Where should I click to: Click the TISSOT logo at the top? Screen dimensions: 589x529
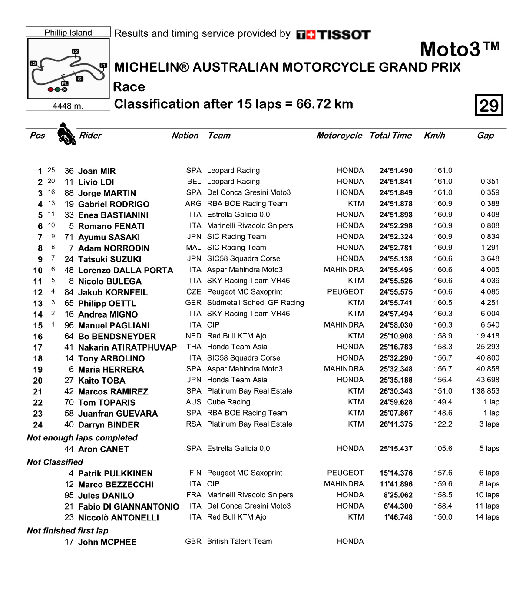tap(334, 35)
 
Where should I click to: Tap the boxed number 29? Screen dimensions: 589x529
tap(489, 105)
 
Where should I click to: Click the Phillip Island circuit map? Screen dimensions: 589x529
tap(68, 69)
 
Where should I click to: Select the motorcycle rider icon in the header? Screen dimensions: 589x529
tap(66, 134)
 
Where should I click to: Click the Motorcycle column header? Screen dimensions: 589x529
tap(339, 136)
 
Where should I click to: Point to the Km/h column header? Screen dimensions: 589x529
tap(434, 136)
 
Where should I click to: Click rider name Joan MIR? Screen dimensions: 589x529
tap(97, 171)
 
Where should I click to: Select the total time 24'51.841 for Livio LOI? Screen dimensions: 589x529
tap(396, 182)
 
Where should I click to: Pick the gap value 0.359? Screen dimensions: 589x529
tap(490, 192)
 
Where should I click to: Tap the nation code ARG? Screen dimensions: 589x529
tap(193, 204)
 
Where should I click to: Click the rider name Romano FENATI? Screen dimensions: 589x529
tap(111, 226)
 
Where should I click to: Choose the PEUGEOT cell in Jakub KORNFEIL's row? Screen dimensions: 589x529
tap(345, 292)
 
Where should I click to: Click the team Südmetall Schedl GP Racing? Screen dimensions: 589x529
tap(255, 303)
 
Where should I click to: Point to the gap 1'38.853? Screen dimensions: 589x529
tap(485, 391)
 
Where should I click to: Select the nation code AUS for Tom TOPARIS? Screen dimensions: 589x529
tap(193, 402)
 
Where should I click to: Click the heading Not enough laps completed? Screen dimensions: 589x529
tap(82, 438)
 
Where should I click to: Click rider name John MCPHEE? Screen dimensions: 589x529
tap(107, 542)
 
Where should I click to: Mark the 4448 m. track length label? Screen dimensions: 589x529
tap(68, 106)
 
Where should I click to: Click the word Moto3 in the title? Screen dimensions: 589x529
tap(450, 50)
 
